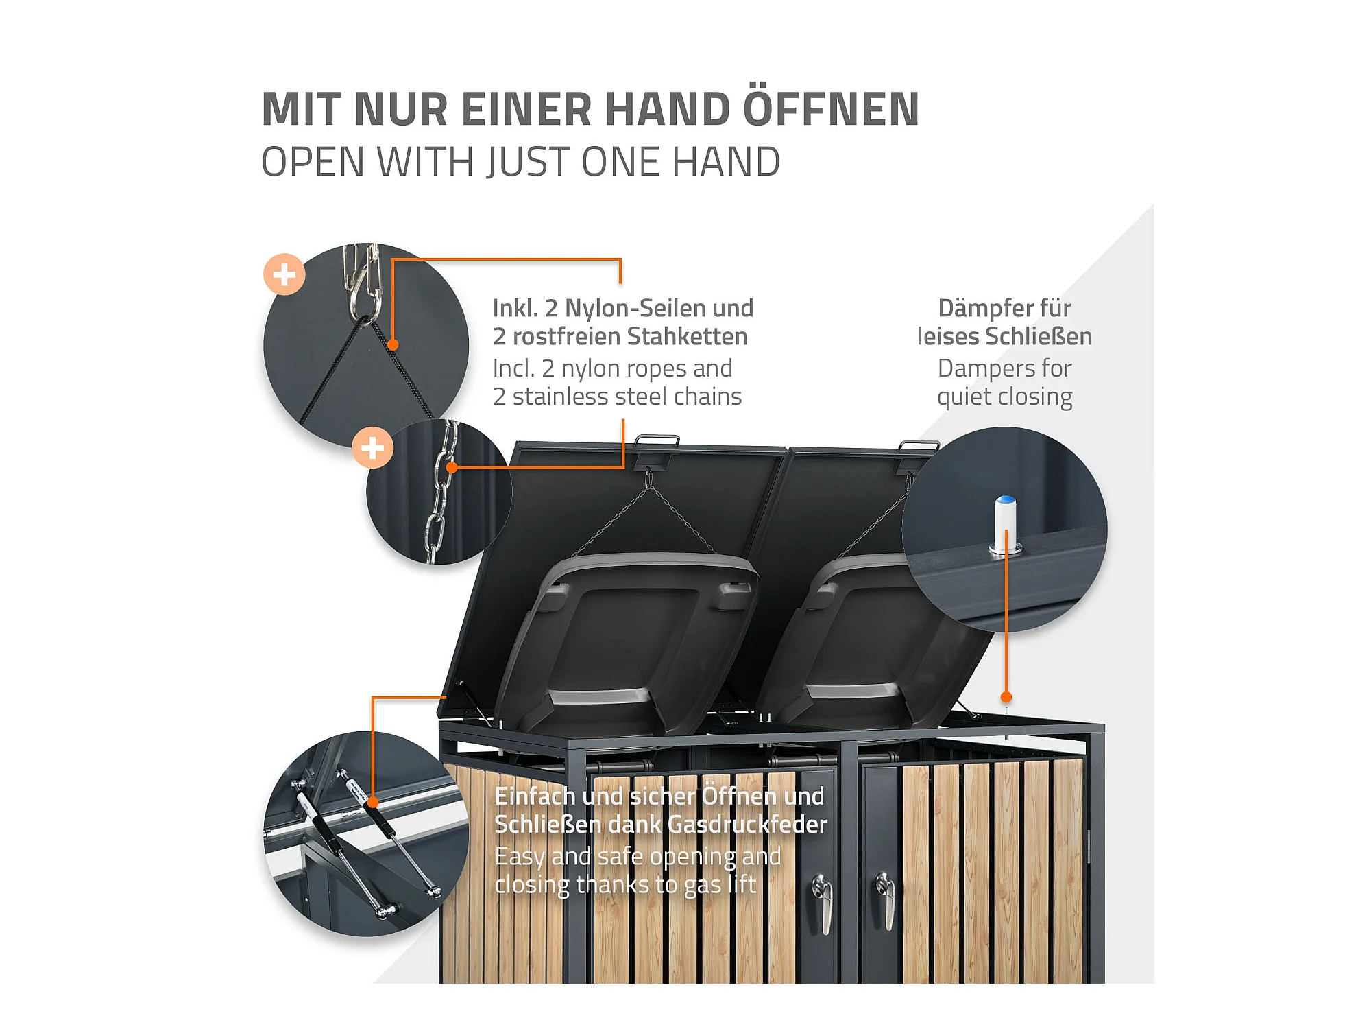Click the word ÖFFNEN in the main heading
831,108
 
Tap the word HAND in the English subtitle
726,163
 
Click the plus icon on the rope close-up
284,274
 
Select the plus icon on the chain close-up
372,448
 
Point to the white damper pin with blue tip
1005,524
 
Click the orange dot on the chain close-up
452,467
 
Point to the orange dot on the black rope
393,344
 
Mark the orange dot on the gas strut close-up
373,802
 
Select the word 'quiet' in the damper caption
964,398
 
